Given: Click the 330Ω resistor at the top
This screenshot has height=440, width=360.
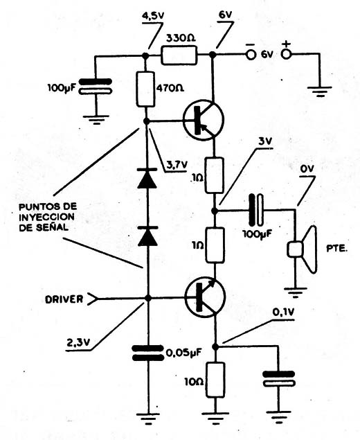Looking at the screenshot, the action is pyautogui.click(x=179, y=55).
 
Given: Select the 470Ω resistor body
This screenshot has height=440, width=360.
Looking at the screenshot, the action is pyautogui.click(x=145, y=89).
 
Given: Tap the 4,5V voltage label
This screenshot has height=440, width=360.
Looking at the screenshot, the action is pyautogui.click(x=153, y=16).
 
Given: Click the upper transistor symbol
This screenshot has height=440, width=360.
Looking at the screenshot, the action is pyautogui.click(x=203, y=120).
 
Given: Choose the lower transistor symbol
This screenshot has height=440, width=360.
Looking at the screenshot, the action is pyautogui.click(x=205, y=297).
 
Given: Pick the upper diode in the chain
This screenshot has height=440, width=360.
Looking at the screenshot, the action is pyautogui.click(x=147, y=179).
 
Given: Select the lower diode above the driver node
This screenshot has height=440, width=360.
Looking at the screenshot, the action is pyautogui.click(x=147, y=236).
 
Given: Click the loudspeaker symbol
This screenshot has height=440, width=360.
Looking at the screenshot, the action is pyautogui.click(x=303, y=249).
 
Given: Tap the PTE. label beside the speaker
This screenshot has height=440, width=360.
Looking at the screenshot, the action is pyautogui.click(x=336, y=249).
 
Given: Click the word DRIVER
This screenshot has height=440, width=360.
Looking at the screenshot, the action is pyautogui.click(x=64, y=299).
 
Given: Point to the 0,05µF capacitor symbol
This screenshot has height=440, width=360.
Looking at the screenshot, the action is pyautogui.click(x=148, y=353).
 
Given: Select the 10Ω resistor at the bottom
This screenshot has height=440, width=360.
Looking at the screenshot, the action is pyautogui.click(x=215, y=380).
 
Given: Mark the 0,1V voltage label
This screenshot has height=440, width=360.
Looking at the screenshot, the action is pyautogui.click(x=283, y=313).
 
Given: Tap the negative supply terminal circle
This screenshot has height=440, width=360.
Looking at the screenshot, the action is pyautogui.click(x=251, y=55).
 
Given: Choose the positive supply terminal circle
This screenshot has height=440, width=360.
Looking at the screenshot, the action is pyautogui.click(x=286, y=54).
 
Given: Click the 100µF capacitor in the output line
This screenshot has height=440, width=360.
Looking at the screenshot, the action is pyautogui.click(x=257, y=210).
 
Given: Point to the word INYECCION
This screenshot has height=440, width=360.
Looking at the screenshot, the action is pyautogui.click(x=47, y=217).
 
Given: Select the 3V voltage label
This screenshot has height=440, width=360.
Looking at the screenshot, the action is pyautogui.click(x=264, y=142).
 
